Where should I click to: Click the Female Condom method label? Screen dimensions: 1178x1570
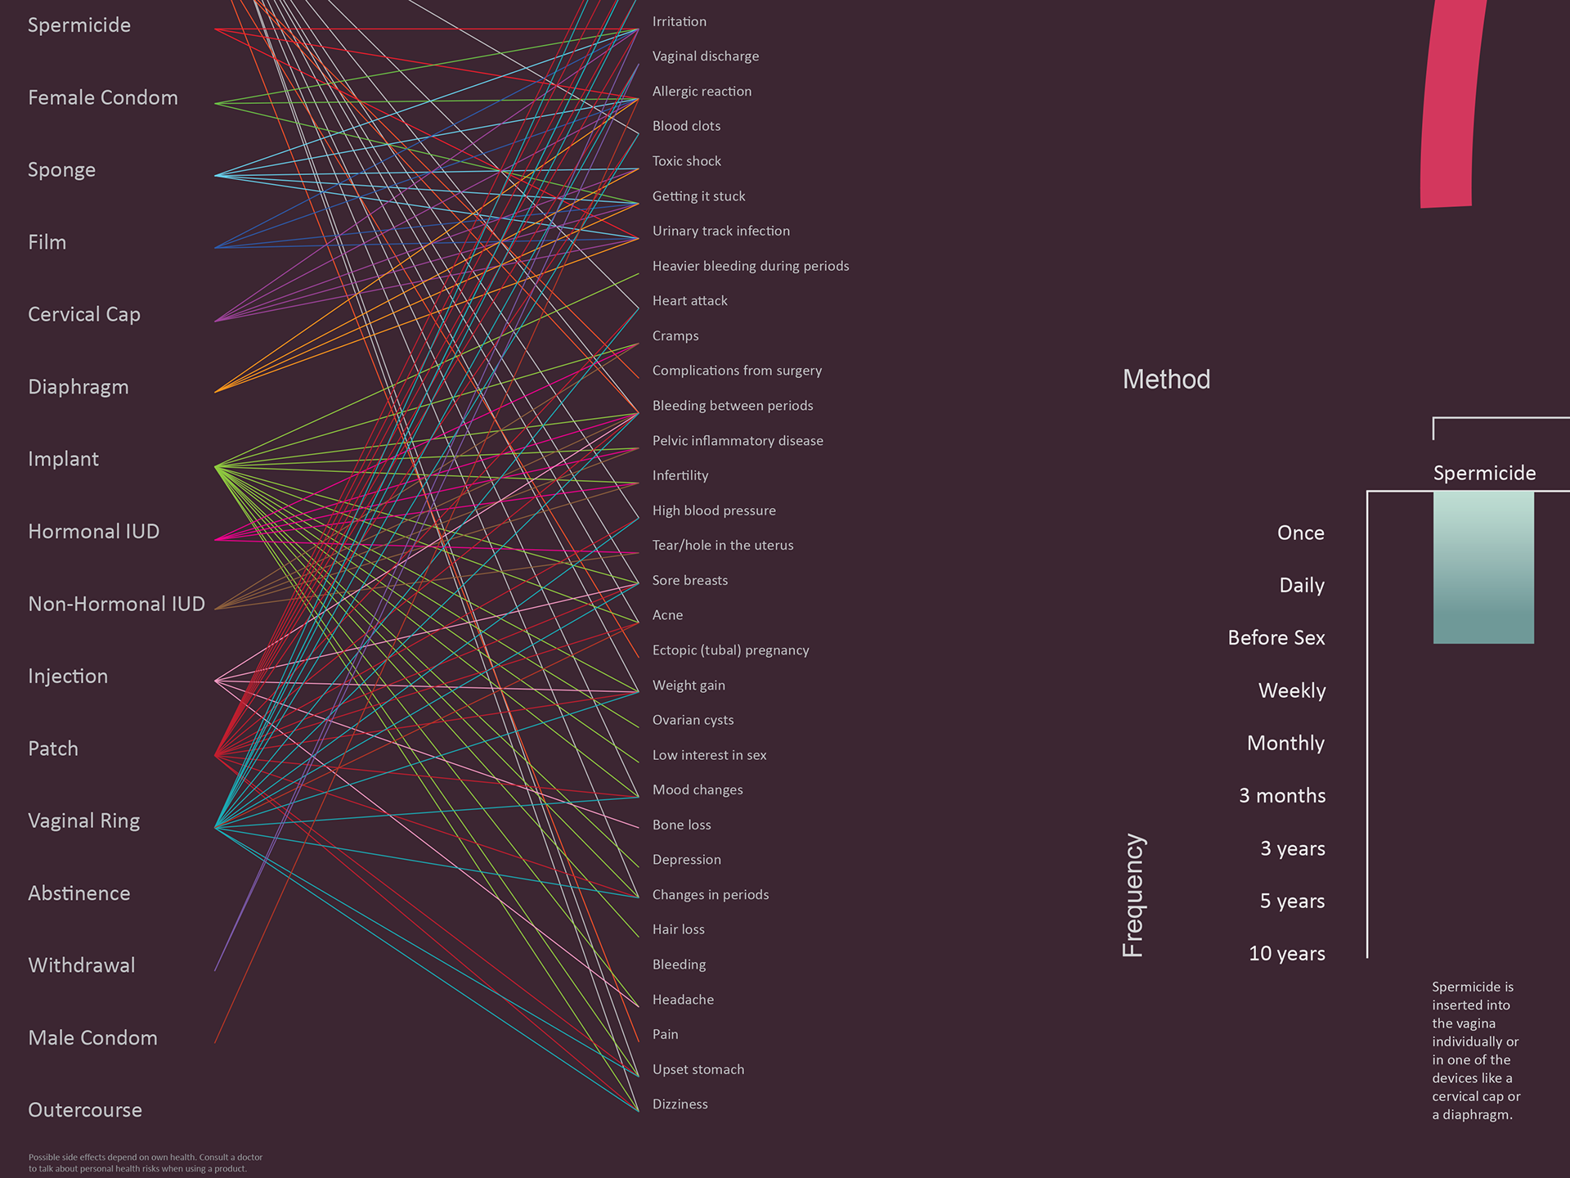[x=103, y=98]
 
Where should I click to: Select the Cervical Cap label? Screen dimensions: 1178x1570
[x=84, y=315]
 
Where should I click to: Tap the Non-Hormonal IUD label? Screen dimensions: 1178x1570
[x=116, y=605]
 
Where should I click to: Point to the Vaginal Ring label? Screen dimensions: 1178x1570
[x=84, y=821]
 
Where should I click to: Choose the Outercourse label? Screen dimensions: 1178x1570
[x=85, y=1110]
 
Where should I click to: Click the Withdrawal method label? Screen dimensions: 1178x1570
[x=82, y=965]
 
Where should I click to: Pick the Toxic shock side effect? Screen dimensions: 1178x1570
[x=687, y=161]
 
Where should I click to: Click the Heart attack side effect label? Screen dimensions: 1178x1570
[x=690, y=301]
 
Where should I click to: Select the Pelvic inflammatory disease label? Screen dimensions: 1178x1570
[x=738, y=441]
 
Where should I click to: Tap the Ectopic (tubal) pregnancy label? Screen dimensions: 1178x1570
[x=731, y=650]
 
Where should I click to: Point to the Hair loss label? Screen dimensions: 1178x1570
[x=679, y=929]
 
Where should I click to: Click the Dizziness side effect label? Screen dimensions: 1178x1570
[x=680, y=1104]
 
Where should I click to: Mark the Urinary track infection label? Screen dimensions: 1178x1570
[x=721, y=232]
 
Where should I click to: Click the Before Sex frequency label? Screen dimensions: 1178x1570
[x=1276, y=638]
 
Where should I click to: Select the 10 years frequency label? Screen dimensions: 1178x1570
[x=1287, y=954]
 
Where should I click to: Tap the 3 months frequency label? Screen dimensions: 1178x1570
[x=1282, y=796]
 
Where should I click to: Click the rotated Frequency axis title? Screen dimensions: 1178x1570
[x=1133, y=896]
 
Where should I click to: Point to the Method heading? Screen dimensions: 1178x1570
[x=1166, y=380]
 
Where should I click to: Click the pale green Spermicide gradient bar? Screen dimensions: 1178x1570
[x=1483, y=567]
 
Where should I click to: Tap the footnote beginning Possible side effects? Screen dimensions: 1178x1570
[x=146, y=1163]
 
